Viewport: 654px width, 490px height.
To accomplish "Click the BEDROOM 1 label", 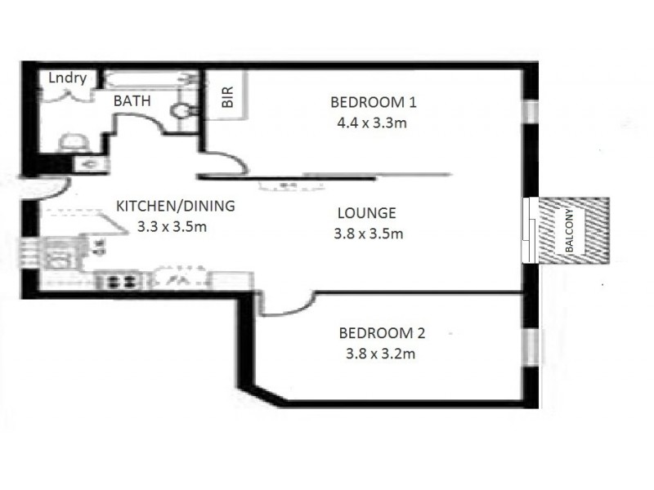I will tap(374, 103).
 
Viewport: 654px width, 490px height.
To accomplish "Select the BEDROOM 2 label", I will tap(382, 333).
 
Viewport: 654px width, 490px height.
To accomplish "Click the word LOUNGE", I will tap(366, 213).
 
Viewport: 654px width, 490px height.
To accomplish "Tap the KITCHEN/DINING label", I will tap(175, 206).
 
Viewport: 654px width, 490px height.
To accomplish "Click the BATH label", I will tap(132, 102).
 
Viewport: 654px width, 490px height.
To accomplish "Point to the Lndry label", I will tap(67, 78).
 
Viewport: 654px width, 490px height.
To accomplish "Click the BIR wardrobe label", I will tap(228, 99).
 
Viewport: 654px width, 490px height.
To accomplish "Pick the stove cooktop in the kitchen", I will tap(120, 282).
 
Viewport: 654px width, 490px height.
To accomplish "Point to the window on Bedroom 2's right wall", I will tap(533, 346).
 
